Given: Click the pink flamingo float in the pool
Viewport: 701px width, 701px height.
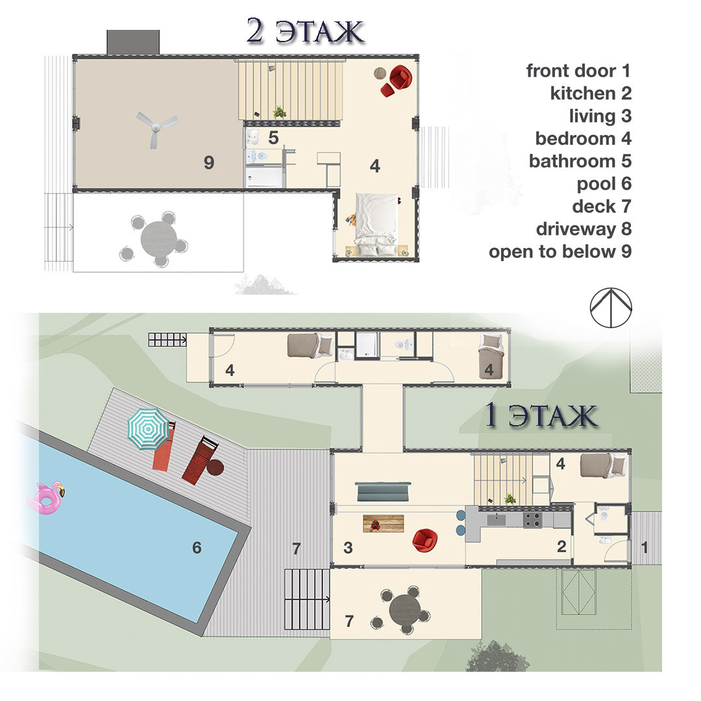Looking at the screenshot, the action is (45, 498).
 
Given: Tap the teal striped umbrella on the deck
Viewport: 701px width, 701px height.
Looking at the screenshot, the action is (149, 429).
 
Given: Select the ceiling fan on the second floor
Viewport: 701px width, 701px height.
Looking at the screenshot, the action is (156, 128).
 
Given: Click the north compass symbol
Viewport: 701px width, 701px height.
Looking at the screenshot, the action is (611, 307).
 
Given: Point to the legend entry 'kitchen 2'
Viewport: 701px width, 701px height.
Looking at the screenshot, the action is (591, 93).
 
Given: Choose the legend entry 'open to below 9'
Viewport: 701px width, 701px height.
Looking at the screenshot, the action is (560, 252).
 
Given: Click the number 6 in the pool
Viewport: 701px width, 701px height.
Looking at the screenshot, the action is (197, 548).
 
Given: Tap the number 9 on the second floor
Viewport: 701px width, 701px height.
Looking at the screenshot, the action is (209, 162).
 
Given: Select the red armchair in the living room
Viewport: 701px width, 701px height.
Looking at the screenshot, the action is (424, 539).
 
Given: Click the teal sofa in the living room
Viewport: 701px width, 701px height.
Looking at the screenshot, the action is (383, 491).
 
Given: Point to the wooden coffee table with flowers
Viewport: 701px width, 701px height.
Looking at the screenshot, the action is (383, 524).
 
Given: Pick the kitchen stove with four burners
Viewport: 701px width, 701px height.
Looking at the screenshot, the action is (532, 520).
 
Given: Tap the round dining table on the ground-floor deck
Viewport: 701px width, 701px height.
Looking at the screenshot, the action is (404, 610).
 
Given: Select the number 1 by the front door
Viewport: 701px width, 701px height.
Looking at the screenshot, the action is (645, 547).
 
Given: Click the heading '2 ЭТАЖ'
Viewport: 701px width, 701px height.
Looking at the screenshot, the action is (305, 31).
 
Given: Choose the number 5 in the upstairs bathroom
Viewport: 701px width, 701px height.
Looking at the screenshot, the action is (274, 138).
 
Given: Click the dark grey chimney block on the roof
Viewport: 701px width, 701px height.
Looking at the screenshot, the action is (133, 42).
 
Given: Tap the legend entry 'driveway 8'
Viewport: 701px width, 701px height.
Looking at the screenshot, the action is (584, 229).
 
